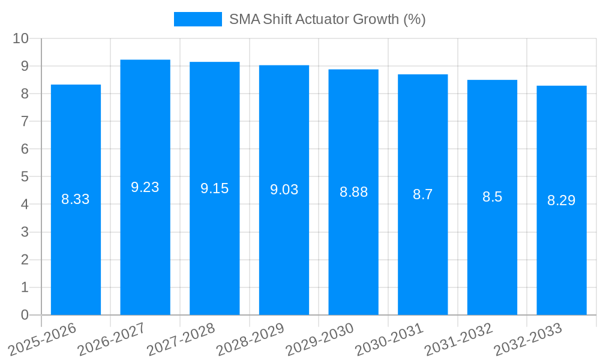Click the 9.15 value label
tap(214, 188)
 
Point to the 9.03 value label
tap(284, 190)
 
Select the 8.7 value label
tap(422, 194)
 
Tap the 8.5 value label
tap(492, 197)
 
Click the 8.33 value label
tap(76, 199)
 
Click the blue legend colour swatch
tap(197, 19)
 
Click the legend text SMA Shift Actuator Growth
tap(327, 19)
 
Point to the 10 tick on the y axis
tap(21, 38)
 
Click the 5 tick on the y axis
tap(25, 177)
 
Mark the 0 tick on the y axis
tap(25, 315)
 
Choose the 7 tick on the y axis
tap(25, 121)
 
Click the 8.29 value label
tap(562, 200)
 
